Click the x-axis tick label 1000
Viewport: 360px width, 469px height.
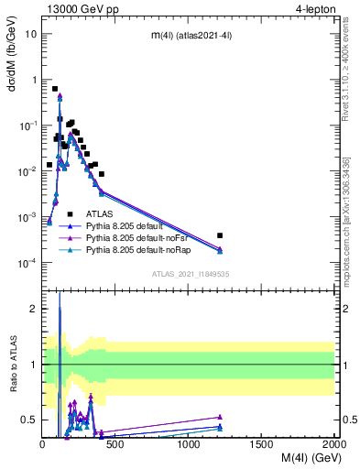pyautogui.click(x=188, y=444)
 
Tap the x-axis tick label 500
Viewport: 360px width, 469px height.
pyautogui.click(x=115, y=444)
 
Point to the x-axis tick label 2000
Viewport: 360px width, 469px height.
pyautogui.click(x=333, y=444)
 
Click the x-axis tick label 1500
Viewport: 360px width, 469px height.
pyautogui.click(x=261, y=444)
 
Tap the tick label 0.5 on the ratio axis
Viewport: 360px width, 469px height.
pyautogui.click(x=30, y=420)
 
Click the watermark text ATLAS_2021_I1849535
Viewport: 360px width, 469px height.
pyautogui.click(x=190, y=273)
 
